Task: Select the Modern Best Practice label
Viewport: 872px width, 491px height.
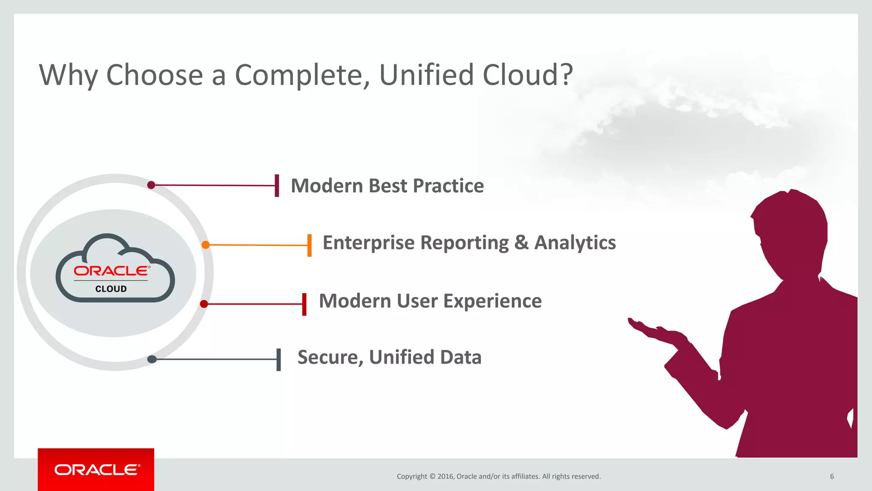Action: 387,186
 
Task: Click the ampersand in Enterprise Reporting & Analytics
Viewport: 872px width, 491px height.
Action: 521,243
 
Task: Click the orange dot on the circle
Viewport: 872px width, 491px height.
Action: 206,245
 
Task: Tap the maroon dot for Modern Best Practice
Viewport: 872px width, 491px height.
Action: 151,185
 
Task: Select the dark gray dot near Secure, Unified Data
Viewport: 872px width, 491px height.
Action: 152,359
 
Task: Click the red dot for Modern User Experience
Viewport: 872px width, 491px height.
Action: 204,304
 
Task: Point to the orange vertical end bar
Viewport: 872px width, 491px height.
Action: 310,245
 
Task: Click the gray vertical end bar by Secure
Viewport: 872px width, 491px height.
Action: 279,359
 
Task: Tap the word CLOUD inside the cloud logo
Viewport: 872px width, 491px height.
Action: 111,289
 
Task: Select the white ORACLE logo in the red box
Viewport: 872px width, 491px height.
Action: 97,470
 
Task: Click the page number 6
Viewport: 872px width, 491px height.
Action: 832,477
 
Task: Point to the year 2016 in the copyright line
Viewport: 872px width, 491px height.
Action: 446,477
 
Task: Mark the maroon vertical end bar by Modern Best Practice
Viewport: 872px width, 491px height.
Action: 277,185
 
